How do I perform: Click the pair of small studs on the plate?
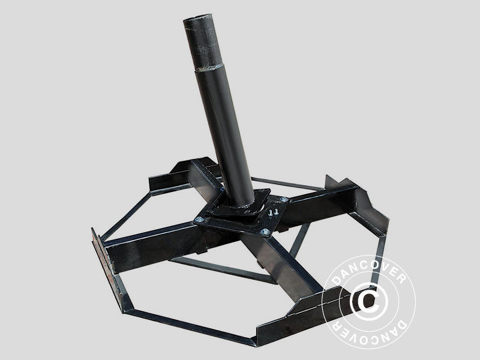[x=273, y=212]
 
